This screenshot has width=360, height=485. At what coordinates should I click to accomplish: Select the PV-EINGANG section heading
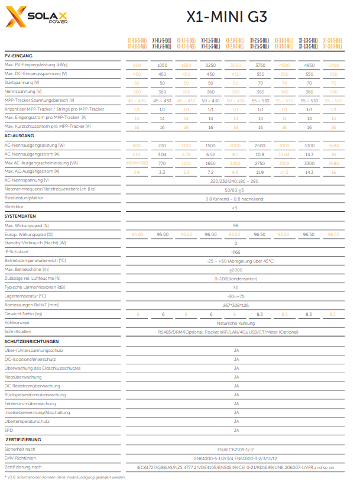tap(18, 56)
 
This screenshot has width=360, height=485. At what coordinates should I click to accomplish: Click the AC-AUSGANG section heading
tap(20, 135)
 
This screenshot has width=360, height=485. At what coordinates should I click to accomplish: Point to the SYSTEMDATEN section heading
tap(21, 216)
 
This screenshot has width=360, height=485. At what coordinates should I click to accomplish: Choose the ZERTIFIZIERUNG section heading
tap(23, 440)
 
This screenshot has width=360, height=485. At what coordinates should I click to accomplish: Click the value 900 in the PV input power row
tap(137, 64)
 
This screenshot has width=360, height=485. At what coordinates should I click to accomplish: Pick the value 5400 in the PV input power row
tap(333, 64)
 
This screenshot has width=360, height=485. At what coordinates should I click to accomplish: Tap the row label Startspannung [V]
tap(22, 83)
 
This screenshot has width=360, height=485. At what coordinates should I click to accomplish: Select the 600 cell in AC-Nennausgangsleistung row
tap(137, 145)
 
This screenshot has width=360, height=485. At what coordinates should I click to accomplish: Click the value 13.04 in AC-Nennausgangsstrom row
tap(284, 154)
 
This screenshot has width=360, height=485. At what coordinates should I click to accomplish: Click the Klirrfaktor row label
tap(14, 208)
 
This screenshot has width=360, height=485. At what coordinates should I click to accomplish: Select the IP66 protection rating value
tap(235, 251)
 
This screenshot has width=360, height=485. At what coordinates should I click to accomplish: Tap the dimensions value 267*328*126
tap(235, 305)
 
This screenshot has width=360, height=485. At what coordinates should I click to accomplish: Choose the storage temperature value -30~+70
tap(235, 296)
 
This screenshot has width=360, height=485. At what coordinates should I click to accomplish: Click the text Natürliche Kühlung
tap(235, 324)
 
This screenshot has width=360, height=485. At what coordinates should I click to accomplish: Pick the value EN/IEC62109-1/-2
tap(235, 450)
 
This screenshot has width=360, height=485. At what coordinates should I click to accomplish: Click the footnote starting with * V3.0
tap(65, 477)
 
